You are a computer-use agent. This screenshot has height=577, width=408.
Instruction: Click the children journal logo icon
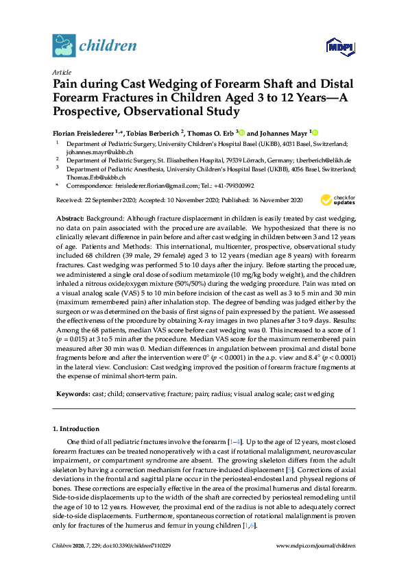click(63, 46)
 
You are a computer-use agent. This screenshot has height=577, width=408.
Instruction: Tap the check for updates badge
click(338, 200)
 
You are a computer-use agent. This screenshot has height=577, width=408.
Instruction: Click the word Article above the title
click(61, 72)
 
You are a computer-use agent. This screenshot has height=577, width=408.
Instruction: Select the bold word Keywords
click(72, 394)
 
